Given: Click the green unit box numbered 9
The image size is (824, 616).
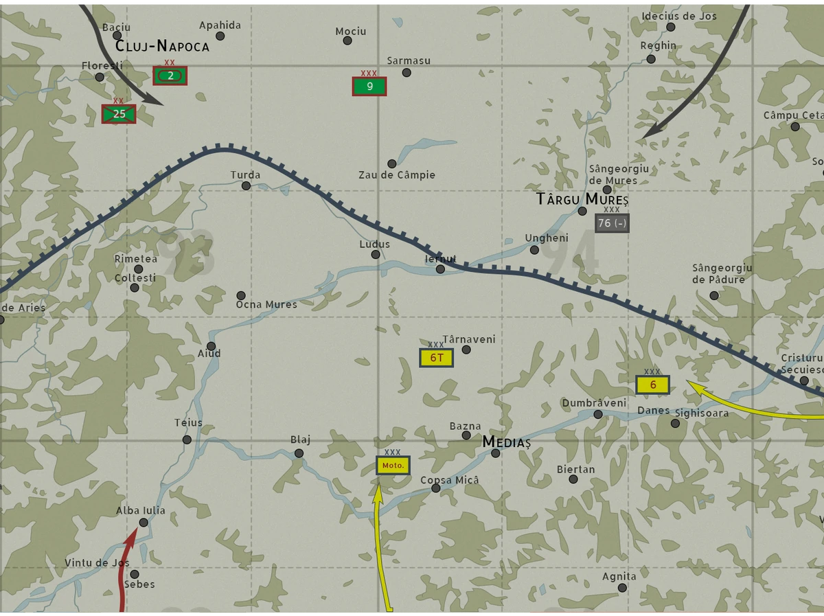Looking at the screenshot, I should [369, 87].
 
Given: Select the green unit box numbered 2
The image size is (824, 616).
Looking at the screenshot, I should [170, 76].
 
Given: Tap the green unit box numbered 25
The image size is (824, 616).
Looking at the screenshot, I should [119, 114].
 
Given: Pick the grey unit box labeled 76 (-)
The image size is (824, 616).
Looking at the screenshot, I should [612, 223].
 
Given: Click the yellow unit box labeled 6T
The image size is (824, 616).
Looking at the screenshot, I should [437, 358].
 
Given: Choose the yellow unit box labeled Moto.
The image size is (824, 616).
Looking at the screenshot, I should [393, 465].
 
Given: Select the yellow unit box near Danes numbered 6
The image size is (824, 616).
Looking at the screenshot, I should [652, 385].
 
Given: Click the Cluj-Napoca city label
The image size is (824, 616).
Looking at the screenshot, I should [162, 47].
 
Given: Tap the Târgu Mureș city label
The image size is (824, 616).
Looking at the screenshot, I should [582, 199].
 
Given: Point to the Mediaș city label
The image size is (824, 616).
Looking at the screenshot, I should [507, 442].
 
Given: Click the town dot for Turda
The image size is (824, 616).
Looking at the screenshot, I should [246, 185].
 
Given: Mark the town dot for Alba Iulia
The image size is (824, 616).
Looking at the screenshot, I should [144, 523].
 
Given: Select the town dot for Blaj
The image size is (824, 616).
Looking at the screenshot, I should [299, 453].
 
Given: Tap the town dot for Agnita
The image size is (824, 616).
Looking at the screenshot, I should [622, 588].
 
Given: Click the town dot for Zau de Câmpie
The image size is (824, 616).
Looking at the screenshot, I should [392, 163].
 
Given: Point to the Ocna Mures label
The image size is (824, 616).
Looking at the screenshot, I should [266, 304].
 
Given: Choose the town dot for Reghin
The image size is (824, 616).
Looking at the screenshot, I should [651, 59].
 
